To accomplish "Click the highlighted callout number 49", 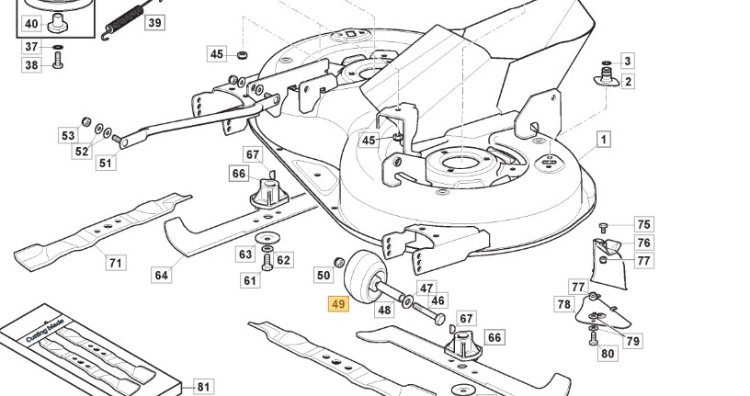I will [x=338, y=305].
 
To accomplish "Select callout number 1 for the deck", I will [x=604, y=140].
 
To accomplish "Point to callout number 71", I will [x=116, y=263].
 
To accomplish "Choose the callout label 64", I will [x=162, y=274].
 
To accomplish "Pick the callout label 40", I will [x=31, y=23].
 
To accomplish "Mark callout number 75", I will [x=643, y=224].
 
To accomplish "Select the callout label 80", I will [x=608, y=353].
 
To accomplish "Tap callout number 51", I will [x=107, y=164].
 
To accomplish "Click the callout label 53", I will [x=69, y=136].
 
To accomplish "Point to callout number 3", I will [x=628, y=62].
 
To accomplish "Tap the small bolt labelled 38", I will [x=57, y=62].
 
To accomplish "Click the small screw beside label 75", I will [x=604, y=226].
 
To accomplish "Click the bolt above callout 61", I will [x=267, y=261].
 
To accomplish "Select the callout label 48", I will [x=384, y=310].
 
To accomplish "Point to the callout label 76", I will [x=643, y=243].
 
